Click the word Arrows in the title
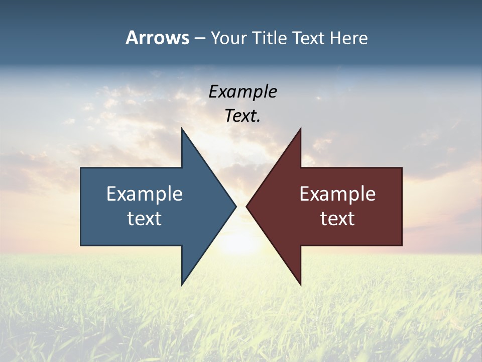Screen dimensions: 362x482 pyautogui.click(x=157, y=38)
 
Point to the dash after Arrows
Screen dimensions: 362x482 pyautogui.click(x=199, y=38)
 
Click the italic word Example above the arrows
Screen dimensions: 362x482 pyautogui.click(x=243, y=92)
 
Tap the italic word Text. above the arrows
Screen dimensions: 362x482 pyautogui.click(x=243, y=116)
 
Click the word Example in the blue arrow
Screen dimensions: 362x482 pyautogui.click(x=145, y=194)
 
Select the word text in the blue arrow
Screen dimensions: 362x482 pyautogui.click(x=145, y=219)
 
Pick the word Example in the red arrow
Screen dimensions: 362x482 pyautogui.click(x=337, y=194)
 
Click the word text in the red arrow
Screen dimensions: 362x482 pyautogui.click(x=337, y=219)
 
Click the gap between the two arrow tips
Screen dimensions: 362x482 pyautogui.click(x=241, y=206)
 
